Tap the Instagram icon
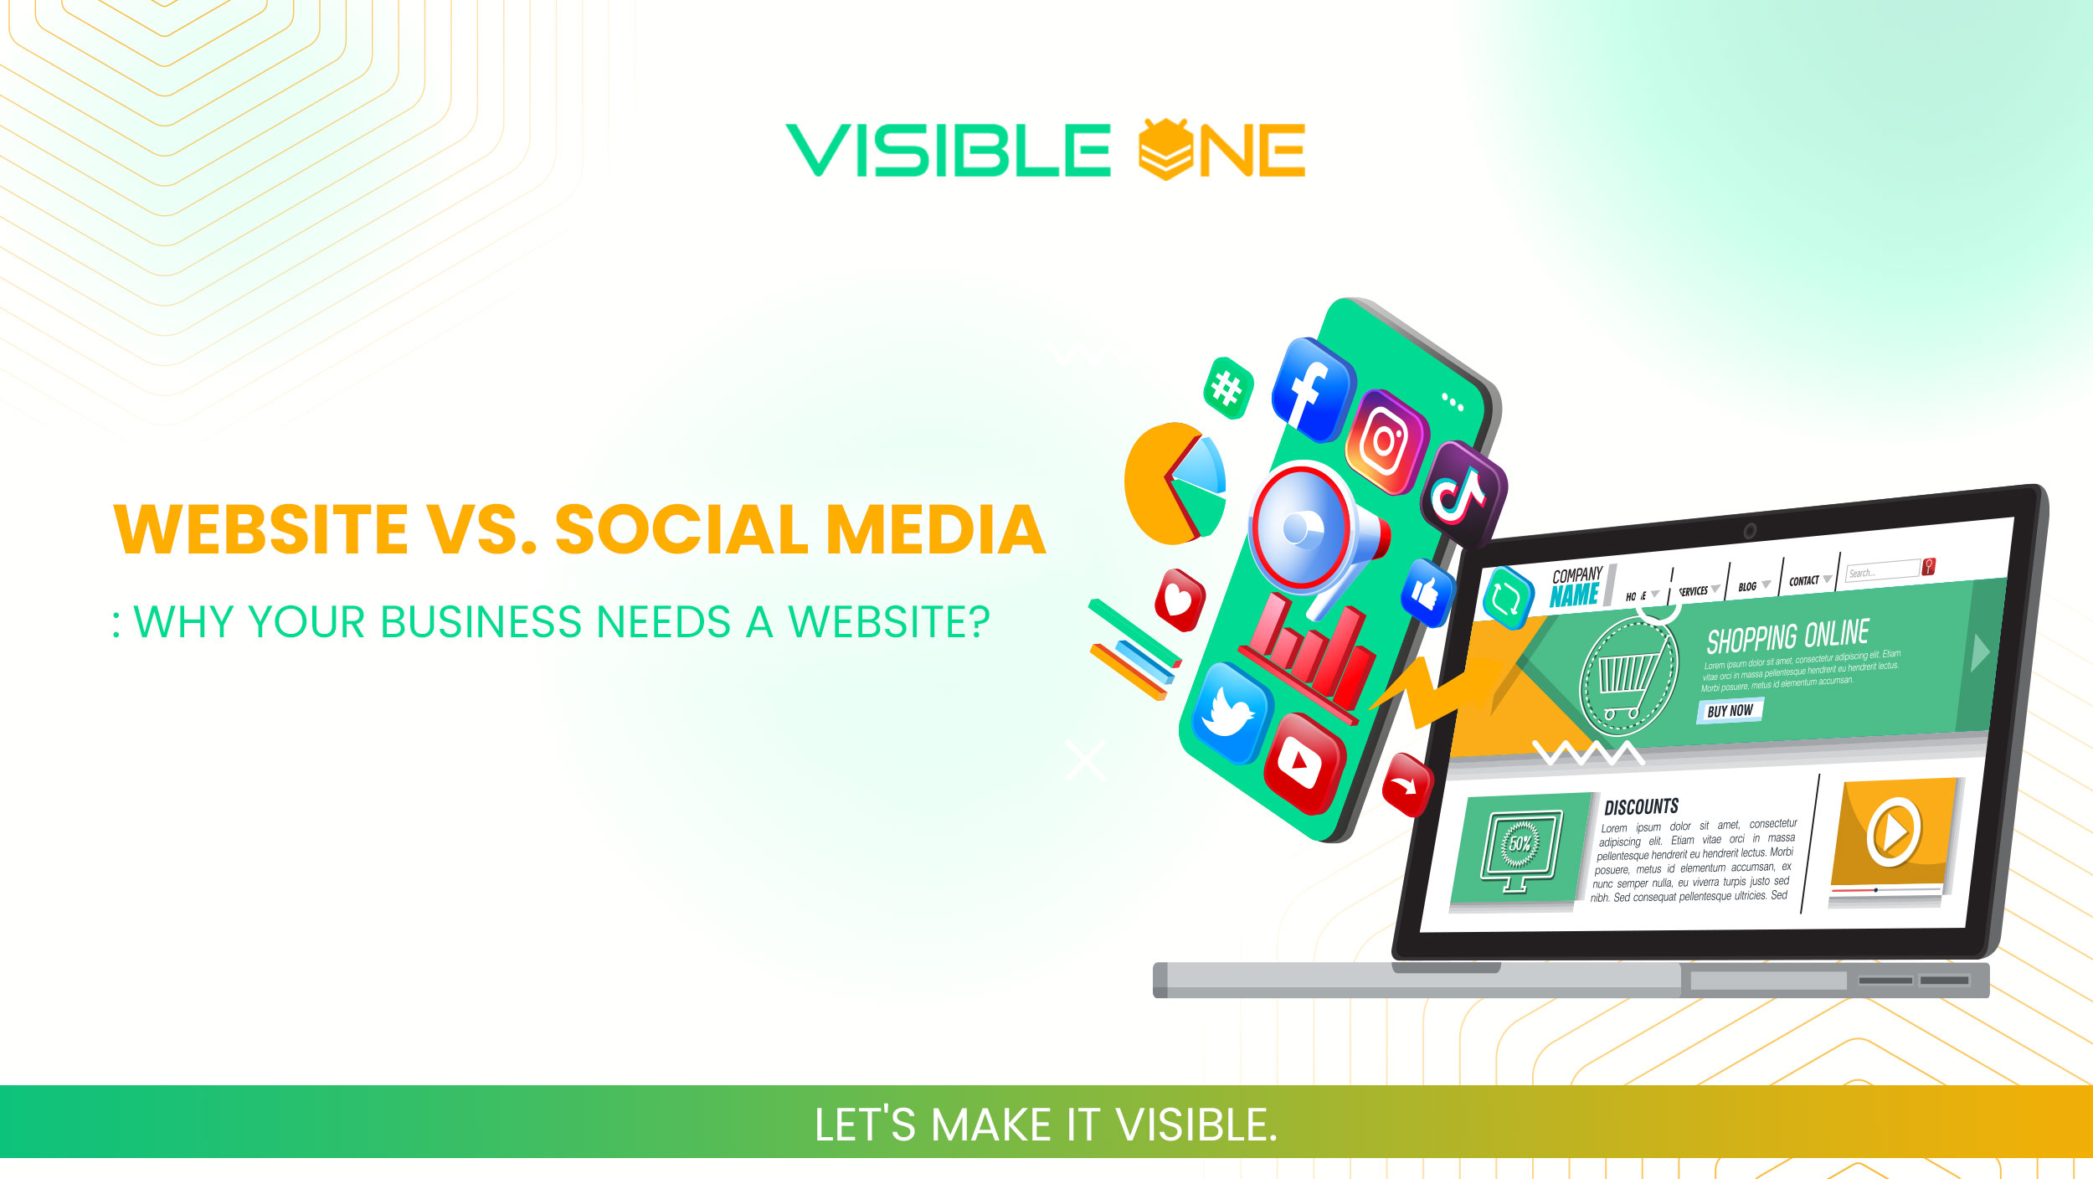1386,441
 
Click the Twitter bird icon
1229,712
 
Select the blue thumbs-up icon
1427,593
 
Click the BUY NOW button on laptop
1730,711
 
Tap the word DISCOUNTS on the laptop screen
1641,806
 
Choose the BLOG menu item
1747,586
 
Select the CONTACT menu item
1804,580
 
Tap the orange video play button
1894,831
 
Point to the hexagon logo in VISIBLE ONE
1165,149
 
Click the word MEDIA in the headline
936,530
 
